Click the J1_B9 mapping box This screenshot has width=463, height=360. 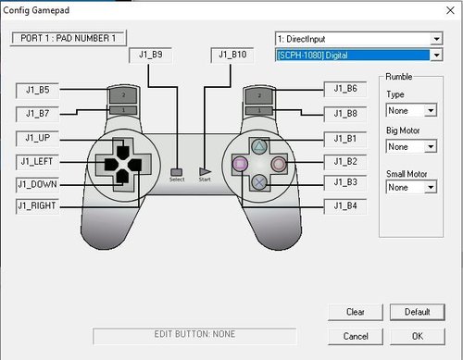[150, 56]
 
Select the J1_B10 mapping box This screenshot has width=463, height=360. [232, 56]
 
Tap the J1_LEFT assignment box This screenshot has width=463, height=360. [37, 162]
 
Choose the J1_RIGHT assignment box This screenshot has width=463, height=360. [37, 206]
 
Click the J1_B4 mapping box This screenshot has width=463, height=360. [345, 206]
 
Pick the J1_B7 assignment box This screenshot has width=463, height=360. [37, 114]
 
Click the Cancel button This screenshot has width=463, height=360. [356, 336]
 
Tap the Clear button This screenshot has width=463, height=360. [356, 312]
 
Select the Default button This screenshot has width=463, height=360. [418, 312]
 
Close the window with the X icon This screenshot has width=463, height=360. [450, 10]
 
